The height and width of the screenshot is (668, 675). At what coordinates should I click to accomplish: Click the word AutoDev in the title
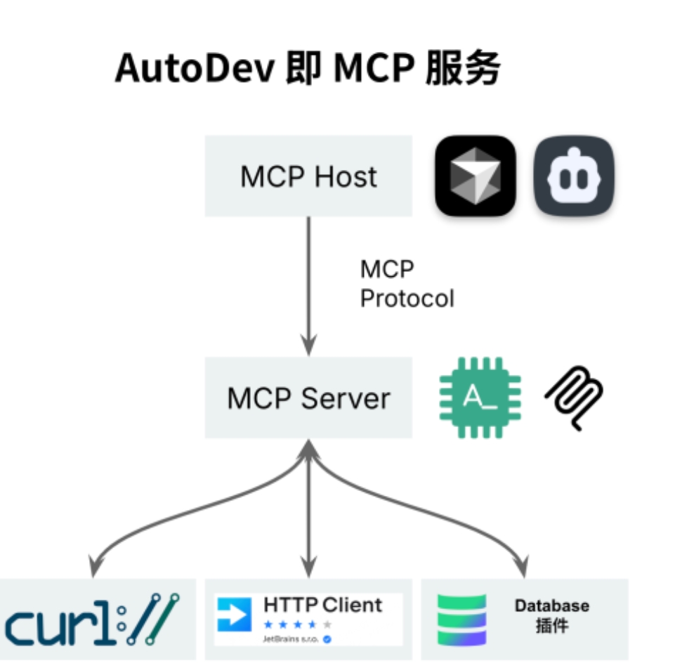point(195,69)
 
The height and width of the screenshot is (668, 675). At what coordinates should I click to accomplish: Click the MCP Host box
point(308,176)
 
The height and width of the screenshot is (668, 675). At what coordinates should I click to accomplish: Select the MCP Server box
point(308,398)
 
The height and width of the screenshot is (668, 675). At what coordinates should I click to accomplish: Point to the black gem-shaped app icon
point(476,176)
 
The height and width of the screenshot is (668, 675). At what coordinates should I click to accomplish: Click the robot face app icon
point(574,176)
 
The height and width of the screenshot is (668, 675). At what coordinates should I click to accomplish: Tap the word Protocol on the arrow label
point(407,298)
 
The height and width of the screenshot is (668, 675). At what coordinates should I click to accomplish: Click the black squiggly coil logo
point(575,398)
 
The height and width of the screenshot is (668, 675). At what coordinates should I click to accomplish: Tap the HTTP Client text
point(322,605)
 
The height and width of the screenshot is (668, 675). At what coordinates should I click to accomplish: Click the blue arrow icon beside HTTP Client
point(234,615)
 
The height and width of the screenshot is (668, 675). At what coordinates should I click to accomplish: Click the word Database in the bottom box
point(551,605)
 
